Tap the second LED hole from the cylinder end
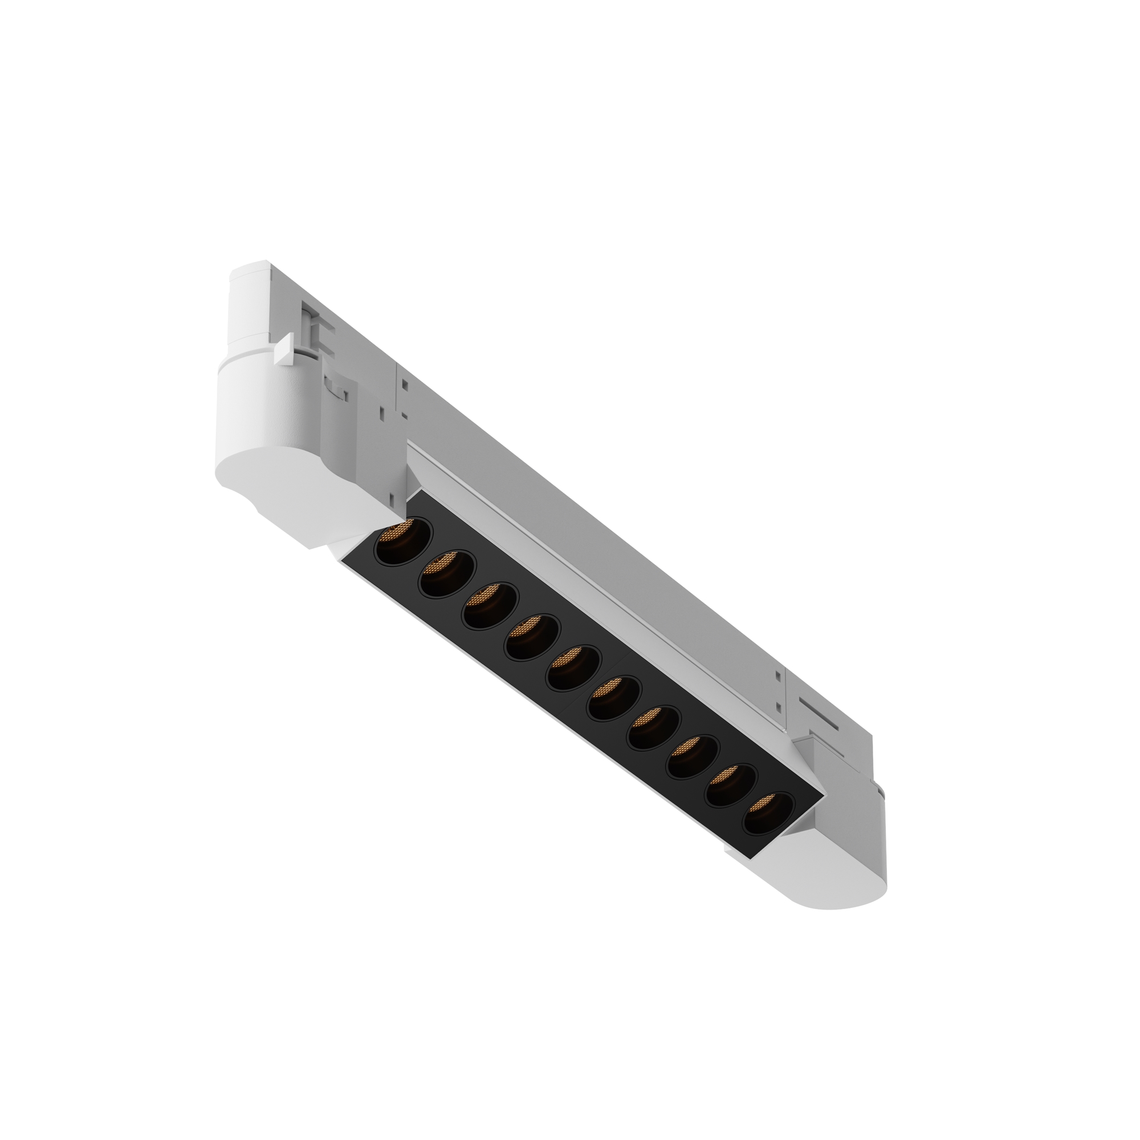(x=447, y=573)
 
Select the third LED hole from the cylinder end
(x=490, y=605)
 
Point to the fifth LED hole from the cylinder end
(x=573, y=667)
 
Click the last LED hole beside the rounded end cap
(x=767, y=813)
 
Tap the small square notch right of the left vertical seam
(x=405, y=384)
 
